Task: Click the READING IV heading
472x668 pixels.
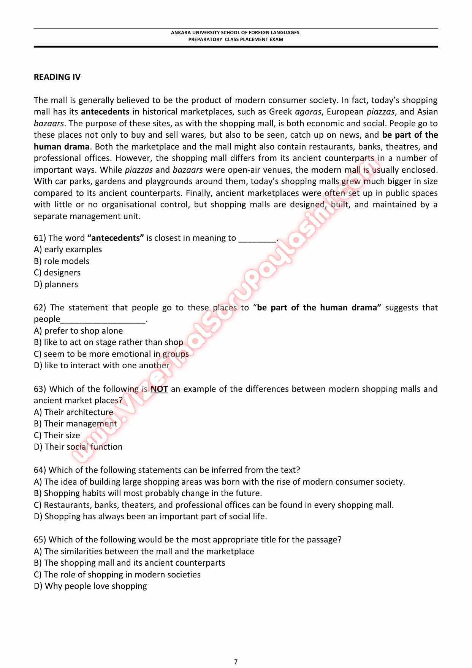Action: pyautogui.click(x=57, y=77)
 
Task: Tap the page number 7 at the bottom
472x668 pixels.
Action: pyautogui.click(x=236, y=651)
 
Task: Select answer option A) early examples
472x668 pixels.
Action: pyautogui.click(x=68, y=250)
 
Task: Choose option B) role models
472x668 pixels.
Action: pyautogui.click(x=62, y=261)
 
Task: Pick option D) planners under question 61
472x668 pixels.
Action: pyautogui.click(x=56, y=285)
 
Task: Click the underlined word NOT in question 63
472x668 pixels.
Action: pyautogui.click(x=159, y=389)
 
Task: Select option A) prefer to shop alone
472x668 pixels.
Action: pyautogui.click(x=78, y=331)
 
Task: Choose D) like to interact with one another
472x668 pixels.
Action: pyautogui.click(x=102, y=366)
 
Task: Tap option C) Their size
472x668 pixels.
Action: pyautogui.click(x=57, y=436)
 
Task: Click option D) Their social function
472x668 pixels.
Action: pyautogui.click(x=78, y=447)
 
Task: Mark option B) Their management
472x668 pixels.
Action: pyautogui.click(x=75, y=424)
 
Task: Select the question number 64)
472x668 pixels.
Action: pyautogui.click(x=40, y=470)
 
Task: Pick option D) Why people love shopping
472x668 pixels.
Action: pyautogui.click(x=90, y=586)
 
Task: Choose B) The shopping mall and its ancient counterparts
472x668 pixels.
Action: pyautogui.click(x=130, y=563)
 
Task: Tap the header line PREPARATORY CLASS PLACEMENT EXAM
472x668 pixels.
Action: pyautogui.click(x=236, y=39)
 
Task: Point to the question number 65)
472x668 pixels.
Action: pyautogui.click(x=40, y=540)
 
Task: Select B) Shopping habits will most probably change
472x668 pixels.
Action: pyautogui.click(x=148, y=493)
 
